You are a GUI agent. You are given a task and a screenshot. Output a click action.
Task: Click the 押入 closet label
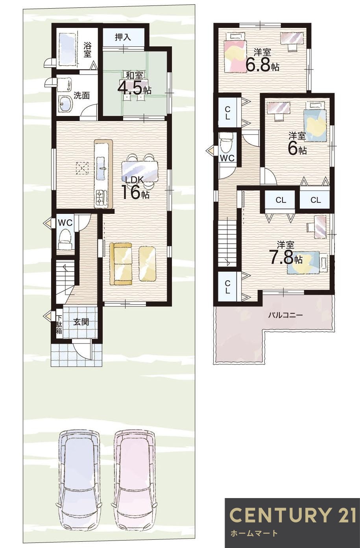123,37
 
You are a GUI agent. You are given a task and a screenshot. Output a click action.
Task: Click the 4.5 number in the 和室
130,88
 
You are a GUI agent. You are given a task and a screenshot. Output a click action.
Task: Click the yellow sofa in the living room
121,263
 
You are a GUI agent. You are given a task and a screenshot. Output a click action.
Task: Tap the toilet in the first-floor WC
65,238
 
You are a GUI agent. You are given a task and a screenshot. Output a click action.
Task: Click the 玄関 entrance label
81,322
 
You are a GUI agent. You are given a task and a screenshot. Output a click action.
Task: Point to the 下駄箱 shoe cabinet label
59,325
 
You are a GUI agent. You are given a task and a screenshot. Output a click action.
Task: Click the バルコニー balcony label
285,315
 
